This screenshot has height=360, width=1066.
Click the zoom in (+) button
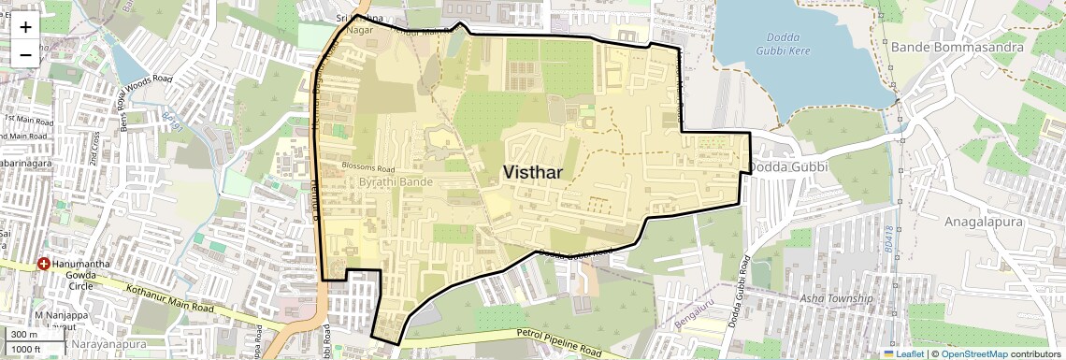(x=25, y=27)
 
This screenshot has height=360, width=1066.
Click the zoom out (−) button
(x=25, y=54)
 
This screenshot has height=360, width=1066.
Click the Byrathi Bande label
(x=396, y=181)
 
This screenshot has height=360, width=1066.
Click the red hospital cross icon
(x=44, y=265)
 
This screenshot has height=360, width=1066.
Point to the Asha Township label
(x=836, y=298)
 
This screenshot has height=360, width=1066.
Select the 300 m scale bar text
(x=24, y=334)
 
